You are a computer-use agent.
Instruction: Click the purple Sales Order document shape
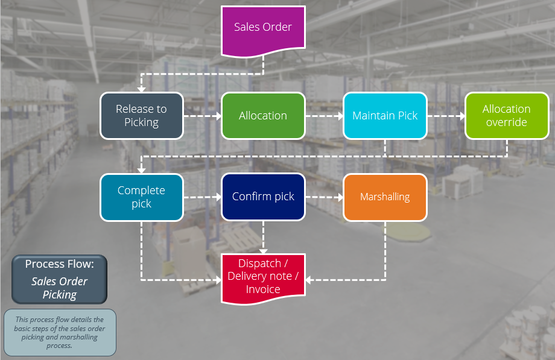263,28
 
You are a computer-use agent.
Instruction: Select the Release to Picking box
141,116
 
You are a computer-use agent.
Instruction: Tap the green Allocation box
263,116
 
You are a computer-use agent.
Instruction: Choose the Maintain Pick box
385,116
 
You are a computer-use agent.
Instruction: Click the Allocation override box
506,116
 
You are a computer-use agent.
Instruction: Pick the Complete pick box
141,197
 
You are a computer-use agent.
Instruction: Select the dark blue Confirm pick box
263,197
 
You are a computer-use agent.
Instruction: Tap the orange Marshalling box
385,197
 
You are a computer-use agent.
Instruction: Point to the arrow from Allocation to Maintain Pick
324,116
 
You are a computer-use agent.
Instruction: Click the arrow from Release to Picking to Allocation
202,116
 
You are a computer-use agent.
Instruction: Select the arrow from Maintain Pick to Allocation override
446,116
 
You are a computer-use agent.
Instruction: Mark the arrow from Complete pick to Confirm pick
202,197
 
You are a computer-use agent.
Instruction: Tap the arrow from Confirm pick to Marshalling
324,197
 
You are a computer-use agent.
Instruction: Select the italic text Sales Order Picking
59,288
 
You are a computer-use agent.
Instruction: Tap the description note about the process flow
60,332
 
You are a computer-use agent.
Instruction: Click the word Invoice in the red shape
263,289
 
